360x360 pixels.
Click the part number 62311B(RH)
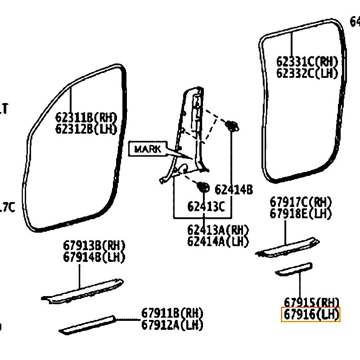(x=86, y=118)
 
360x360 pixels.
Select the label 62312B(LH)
(x=86, y=129)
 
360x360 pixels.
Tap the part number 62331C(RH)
(x=307, y=62)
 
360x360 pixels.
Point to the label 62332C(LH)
(x=307, y=73)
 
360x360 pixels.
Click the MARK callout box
(x=147, y=149)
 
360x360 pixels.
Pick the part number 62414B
(x=234, y=189)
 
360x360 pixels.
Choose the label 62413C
(x=206, y=207)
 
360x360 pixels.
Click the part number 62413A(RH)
(x=218, y=230)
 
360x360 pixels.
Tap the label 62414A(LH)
(x=218, y=241)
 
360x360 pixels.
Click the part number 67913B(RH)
(x=94, y=246)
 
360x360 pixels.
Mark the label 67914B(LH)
(x=94, y=257)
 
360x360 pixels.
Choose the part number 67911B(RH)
(x=172, y=313)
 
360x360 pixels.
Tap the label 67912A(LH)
(x=172, y=324)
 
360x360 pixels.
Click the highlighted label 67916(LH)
(x=310, y=315)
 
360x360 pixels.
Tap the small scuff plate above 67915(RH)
(x=294, y=269)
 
